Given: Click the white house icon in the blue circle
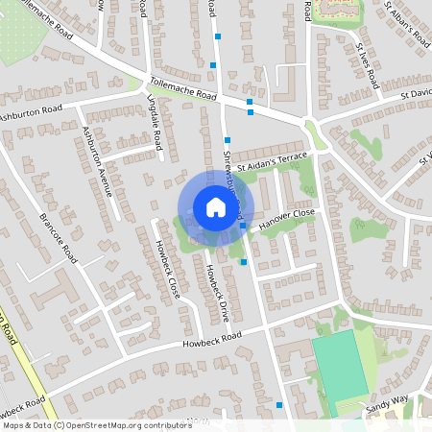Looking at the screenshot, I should click(215, 207).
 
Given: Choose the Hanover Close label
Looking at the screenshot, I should click(286, 217).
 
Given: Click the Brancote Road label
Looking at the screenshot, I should click(58, 236).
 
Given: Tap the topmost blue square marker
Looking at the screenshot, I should click(219, 36).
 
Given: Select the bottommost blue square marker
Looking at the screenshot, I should click(279, 405).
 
